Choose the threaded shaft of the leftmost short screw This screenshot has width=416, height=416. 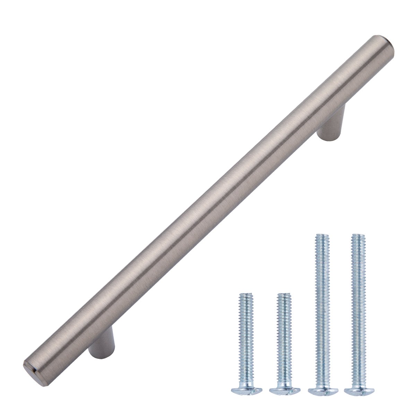246,333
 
